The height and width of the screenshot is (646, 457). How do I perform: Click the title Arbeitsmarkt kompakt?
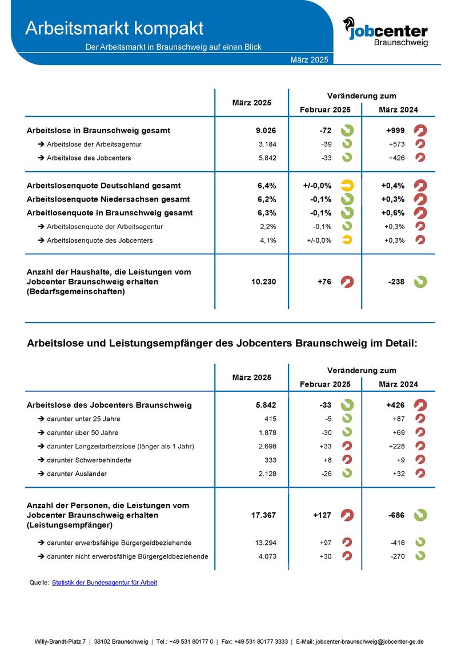click(x=114, y=28)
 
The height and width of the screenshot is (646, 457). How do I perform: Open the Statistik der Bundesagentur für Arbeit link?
click(x=104, y=583)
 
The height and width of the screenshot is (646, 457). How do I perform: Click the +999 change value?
click(x=395, y=131)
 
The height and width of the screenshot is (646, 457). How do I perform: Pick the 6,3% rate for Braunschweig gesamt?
click(x=267, y=213)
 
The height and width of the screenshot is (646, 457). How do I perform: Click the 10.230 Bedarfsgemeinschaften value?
click(x=263, y=282)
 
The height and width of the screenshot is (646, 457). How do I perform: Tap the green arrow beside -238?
click(x=420, y=282)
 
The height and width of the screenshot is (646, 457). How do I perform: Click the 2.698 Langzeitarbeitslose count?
click(x=267, y=446)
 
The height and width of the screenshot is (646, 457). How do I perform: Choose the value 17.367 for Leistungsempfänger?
click(x=263, y=515)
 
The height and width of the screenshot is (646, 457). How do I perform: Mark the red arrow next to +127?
click(x=347, y=515)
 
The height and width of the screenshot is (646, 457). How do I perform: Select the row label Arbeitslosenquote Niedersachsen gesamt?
click(x=108, y=199)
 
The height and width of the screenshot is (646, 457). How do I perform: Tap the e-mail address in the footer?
click(x=369, y=641)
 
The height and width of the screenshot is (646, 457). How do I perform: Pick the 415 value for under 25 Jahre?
click(x=270, y=419)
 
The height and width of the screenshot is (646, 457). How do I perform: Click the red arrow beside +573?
click(x=420, y=144)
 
